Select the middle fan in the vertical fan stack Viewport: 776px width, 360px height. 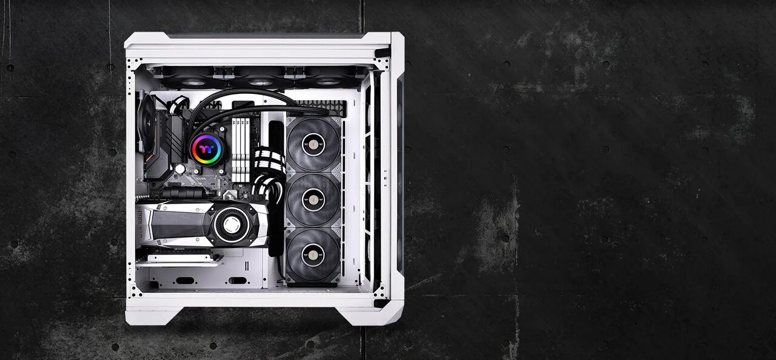pos(313,200)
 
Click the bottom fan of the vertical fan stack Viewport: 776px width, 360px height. pos(313,256)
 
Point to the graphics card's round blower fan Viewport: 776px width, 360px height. pos(232,224)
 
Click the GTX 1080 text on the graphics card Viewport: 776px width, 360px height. pos(141,225)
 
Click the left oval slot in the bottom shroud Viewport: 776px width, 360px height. pos(185,280)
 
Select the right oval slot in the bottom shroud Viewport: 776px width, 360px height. pos(236,280)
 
